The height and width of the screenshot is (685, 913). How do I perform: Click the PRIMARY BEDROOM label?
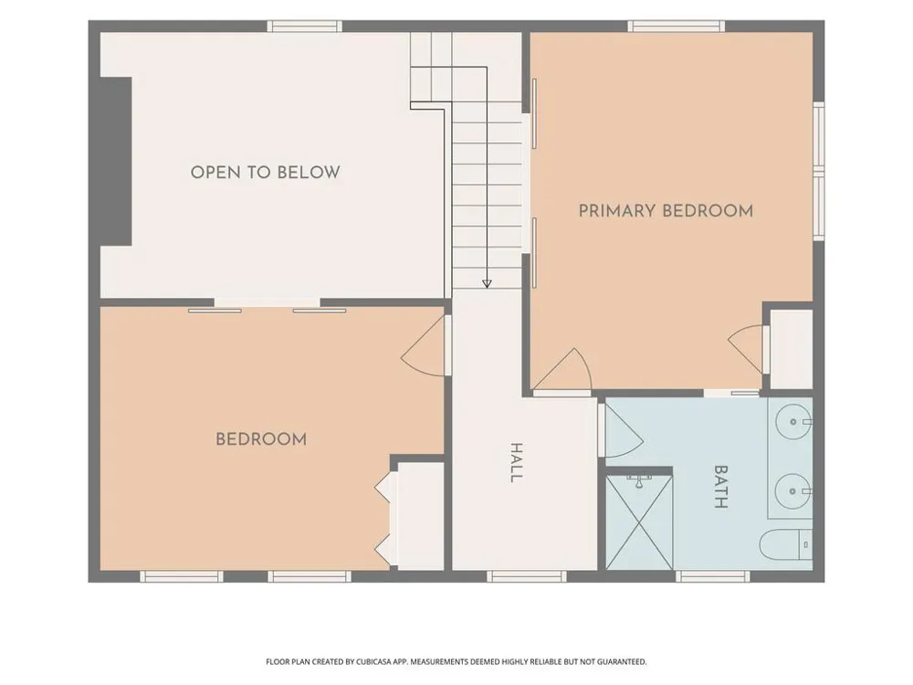(666, 210)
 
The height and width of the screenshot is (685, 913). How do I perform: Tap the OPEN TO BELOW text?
(265, 173)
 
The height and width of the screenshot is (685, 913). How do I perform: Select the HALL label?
(516, 462)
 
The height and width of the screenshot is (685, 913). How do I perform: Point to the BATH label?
(721, 487)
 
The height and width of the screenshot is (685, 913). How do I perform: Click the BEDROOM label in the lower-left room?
(261, 439)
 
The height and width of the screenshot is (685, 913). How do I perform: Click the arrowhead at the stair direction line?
(487, 284)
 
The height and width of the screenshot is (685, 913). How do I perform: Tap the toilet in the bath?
(785, 544)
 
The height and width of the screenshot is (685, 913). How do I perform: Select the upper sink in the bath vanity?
(793, 420)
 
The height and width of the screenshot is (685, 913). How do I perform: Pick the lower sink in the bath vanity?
(793, 491)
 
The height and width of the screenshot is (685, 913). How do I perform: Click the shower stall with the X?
(639, 522)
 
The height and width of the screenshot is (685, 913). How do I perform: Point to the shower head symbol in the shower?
(639, 481)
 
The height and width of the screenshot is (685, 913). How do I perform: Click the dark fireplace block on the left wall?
(115, 162)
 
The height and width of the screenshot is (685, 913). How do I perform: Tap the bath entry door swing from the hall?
(622, 430)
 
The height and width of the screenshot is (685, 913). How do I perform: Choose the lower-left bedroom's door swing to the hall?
(424, 346)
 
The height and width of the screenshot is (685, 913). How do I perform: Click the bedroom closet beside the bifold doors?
(420, 516)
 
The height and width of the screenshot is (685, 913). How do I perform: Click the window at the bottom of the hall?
(527, 576)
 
